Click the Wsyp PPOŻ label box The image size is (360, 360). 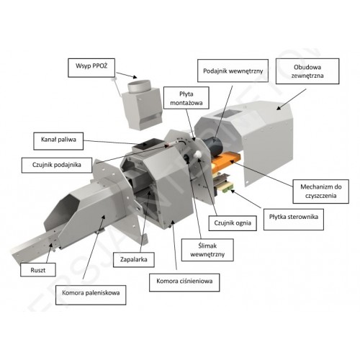click(x=91, y=68)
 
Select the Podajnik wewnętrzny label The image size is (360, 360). click(x=233, y=71)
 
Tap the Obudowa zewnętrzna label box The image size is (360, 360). click(x=307, y=71)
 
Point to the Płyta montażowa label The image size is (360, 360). click(x=186, y=98)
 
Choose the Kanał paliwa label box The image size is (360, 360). click(x=58, y=141)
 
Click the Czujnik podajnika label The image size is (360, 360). click(x=57, y=165)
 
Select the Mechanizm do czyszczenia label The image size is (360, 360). click(x=321, y=192)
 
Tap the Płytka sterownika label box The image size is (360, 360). click(x=294, y=220)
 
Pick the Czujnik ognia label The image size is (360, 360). click(x=233, y=223)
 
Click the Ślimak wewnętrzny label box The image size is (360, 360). click(x=207, y=250)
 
